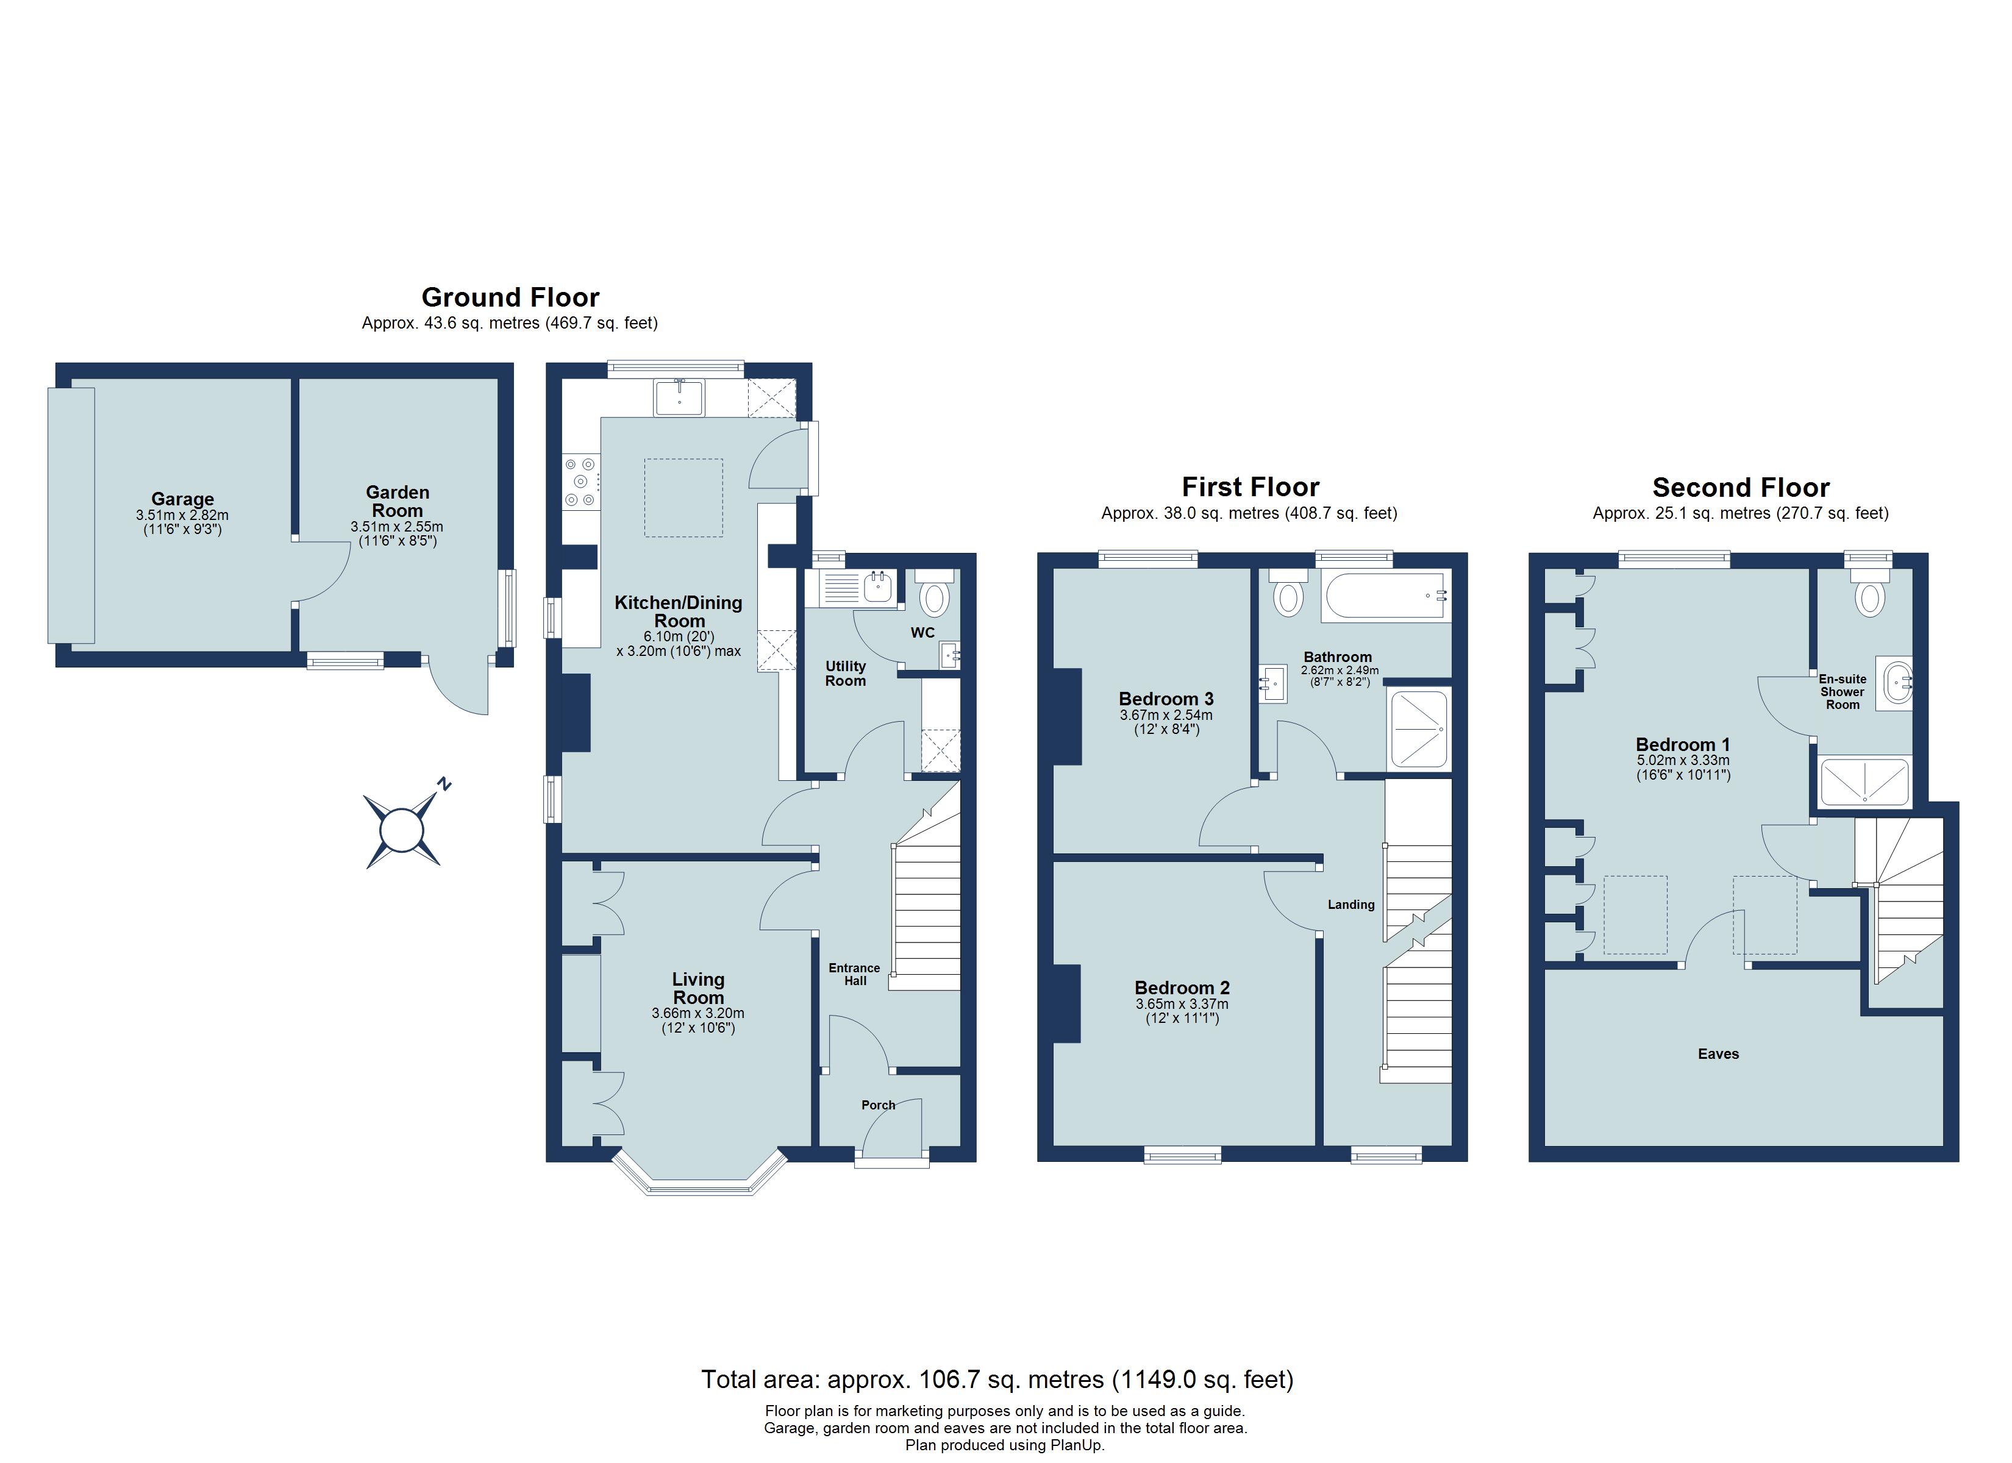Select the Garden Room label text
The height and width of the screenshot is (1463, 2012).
pos(398,501)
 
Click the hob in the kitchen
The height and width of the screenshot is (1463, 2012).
pos(581,482)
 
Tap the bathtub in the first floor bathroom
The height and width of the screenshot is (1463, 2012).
pos(1386,594)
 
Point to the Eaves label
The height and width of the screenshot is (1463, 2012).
pos(1718,1054)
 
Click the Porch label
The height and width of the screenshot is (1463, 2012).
pos(878,1105)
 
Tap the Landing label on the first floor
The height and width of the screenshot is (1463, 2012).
pos(1351,905)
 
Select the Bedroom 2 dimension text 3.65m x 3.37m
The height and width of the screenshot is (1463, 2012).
pos(1182,1005)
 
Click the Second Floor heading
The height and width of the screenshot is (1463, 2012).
pos(1741,487)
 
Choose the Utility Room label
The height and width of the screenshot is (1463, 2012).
pos(846,674)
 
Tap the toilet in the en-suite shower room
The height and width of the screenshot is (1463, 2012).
pos(1869,594)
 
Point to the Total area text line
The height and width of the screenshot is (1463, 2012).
pos(997,1379)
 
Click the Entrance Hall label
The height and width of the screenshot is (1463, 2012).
pos(854,974)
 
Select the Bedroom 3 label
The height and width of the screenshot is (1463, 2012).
pos(1166,699)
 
